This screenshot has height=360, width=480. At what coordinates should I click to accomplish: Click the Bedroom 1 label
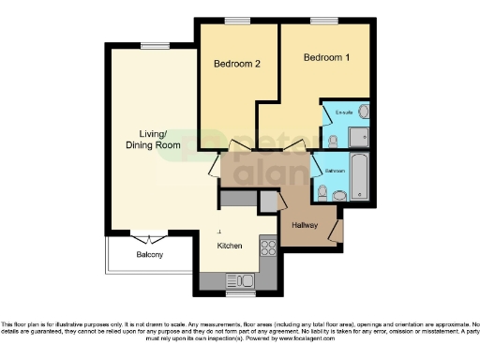326,57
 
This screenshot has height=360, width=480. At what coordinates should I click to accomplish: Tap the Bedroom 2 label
236,64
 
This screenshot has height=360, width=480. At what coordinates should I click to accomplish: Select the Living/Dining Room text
153,140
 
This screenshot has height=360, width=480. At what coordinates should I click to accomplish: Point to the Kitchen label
230,246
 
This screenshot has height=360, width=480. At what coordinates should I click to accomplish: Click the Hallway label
306,226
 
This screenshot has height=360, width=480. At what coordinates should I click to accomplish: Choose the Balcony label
150,255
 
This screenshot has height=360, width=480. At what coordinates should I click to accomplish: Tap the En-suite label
343,113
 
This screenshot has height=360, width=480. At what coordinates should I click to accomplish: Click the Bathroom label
336,172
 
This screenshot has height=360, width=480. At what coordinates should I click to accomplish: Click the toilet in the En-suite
332,141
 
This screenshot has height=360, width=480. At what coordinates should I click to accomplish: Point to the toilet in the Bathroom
322,193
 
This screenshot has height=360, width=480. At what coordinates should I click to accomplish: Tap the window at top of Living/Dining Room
153,43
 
